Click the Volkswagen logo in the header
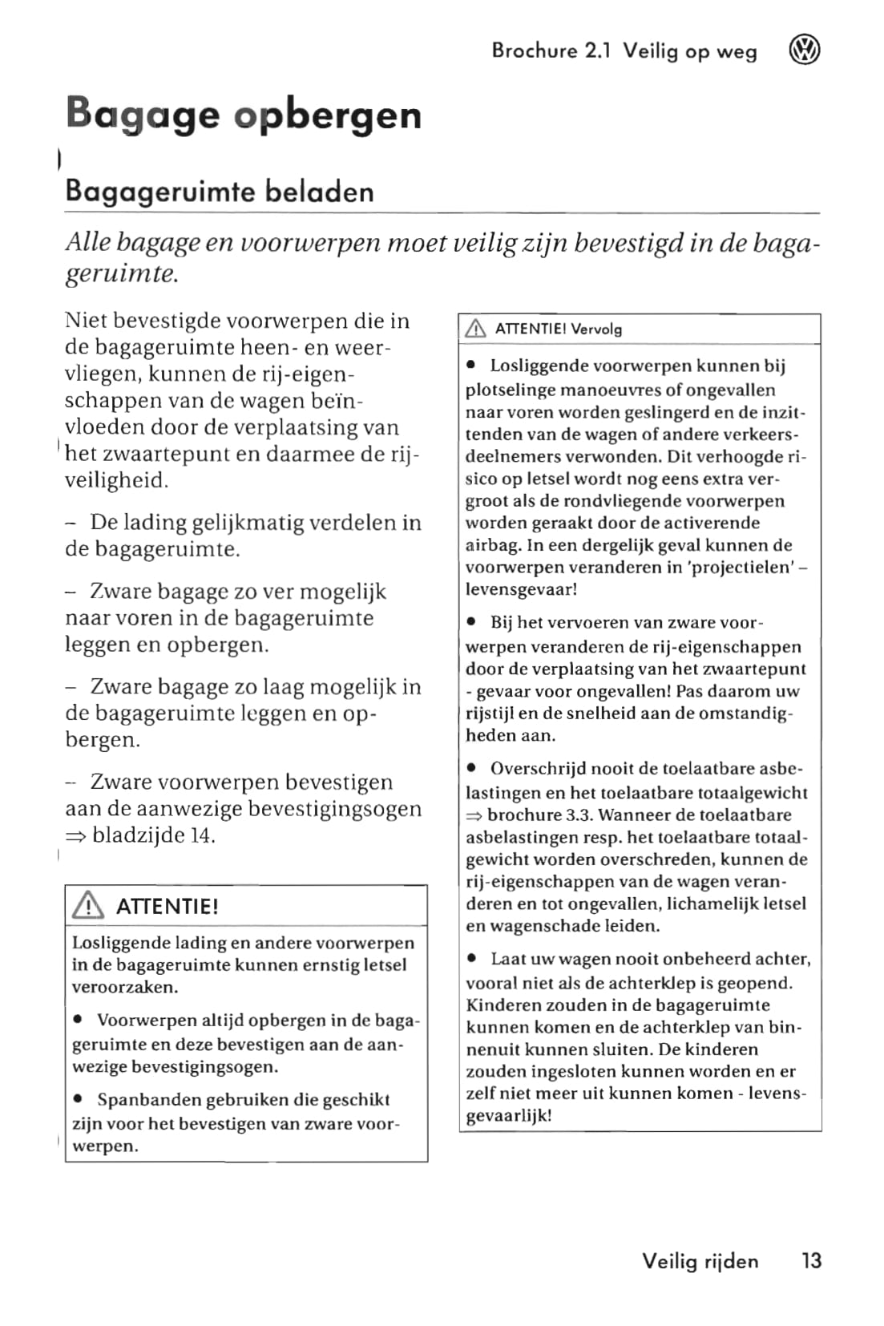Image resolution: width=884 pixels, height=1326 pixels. [805, 51]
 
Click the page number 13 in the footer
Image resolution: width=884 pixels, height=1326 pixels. [811, 1261]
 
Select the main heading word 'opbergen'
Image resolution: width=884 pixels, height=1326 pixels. [328, 115]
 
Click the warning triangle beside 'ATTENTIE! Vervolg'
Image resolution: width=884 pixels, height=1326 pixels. [476, 329]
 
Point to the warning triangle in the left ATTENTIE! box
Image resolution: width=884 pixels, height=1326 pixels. [88, 906]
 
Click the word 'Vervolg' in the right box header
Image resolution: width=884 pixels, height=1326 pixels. [596, 329]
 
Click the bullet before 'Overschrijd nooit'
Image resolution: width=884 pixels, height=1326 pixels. [472, 769]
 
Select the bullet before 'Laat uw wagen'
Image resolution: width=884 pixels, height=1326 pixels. [472, 959]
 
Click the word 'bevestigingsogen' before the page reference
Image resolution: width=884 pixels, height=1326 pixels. [334, 809]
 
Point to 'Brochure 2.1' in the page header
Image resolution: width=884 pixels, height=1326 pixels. [551, 51]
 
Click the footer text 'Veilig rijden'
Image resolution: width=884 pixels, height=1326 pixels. [700, 1261]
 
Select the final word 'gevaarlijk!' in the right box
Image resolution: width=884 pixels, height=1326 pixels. [509, 1116]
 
